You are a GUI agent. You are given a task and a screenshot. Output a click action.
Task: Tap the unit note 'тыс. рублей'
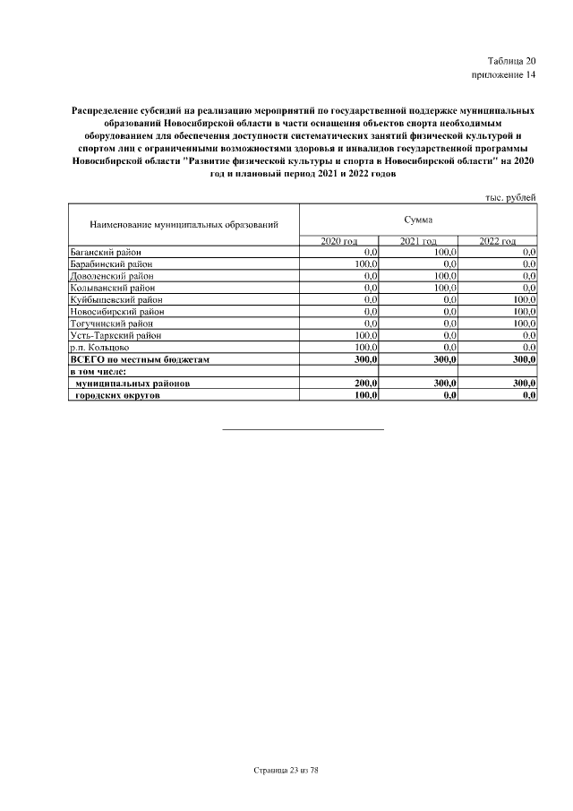click(510, 196)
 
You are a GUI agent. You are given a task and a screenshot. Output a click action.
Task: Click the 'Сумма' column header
click(417, 219)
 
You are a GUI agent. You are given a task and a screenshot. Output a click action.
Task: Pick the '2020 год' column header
click(338, 242)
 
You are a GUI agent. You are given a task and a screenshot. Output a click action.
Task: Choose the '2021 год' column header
click(417, 242)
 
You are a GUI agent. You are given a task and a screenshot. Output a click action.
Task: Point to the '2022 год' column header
click(497, 242)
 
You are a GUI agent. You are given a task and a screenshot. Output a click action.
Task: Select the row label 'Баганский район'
click(106, 254)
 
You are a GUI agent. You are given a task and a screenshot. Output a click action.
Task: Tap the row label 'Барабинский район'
click(110, 265)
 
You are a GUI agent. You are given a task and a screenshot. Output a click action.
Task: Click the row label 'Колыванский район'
click(111, 289)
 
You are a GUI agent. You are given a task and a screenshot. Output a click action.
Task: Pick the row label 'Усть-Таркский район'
click(115, 335)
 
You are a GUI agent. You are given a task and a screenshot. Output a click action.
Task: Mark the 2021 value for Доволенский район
click(445, 277)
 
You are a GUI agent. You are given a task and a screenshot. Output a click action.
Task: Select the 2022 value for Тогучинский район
click(524, 324)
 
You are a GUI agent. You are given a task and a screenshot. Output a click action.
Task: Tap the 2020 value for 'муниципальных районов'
click(365, 383)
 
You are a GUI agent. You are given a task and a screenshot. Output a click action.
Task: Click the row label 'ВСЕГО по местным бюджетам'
click(139, 358)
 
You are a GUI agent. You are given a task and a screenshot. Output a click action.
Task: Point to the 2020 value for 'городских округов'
click(365, 394)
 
